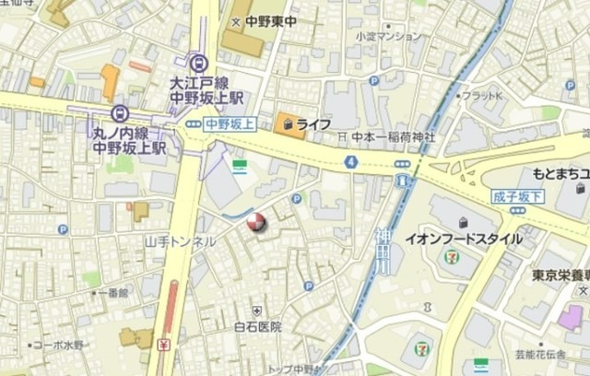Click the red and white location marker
point(256,223)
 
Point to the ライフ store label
point(314,123)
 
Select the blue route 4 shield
point(351,161)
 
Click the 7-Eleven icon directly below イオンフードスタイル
point(452,257)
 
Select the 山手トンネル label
point(180,241)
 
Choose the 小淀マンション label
point(388,37)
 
